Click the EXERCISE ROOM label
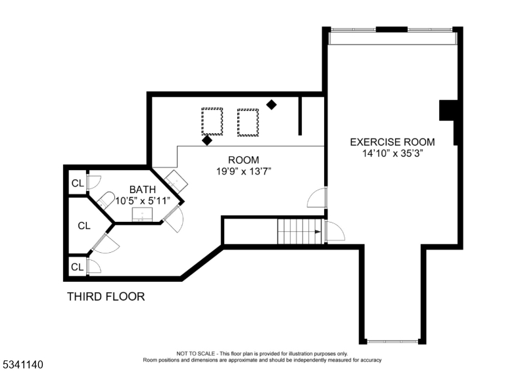pos(392,142)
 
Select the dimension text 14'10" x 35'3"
pos(392,154)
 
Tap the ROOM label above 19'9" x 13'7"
pos(243,160)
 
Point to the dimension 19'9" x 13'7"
pos(243,171)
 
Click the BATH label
pos(143,190)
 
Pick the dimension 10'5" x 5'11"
pos(143,201)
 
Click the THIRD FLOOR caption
pos(106,297)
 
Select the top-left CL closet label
pos(78,183)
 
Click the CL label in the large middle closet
pos(84,226)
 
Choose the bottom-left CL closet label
pos(77,267)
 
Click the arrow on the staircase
pos(318,232)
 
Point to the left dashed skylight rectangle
pos(212,121)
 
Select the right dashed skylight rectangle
pos(248,123)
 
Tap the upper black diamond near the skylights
pos(272,105)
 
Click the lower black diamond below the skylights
pos(207,141)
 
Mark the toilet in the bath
pos(106,200)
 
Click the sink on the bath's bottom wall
pos(142,215)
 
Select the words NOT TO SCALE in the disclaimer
pos(195,353)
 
